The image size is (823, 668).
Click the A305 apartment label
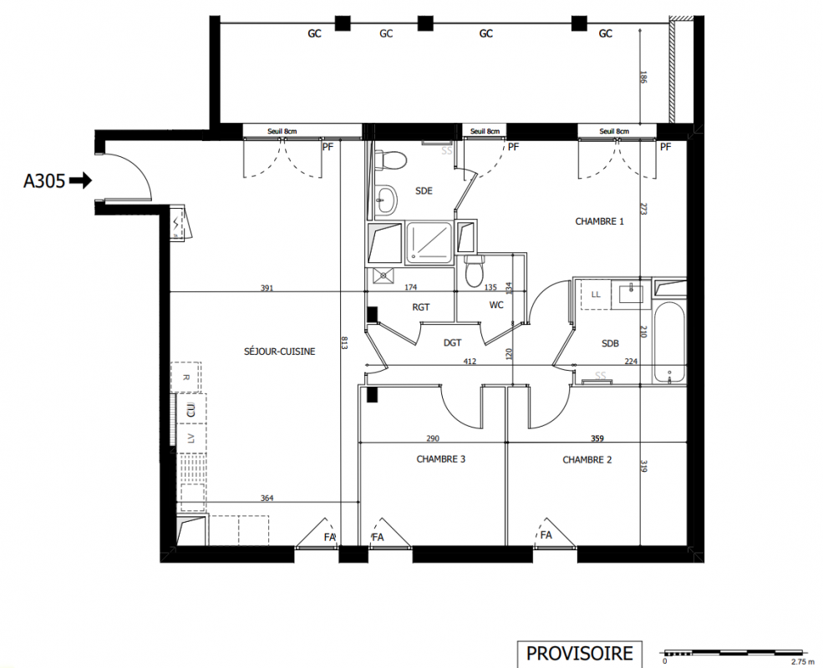coord(44,181)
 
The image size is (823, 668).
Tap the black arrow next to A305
coord(81,181)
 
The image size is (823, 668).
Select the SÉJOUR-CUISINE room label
coord(280,352)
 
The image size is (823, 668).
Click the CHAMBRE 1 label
coord(599,221)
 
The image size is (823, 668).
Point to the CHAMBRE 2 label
coord(587,460)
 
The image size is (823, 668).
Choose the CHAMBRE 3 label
coord(441,459)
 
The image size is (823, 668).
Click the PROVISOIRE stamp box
coord(580,654)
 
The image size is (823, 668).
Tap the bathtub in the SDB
coord(669,343)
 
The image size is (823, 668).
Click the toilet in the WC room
coord(474,271)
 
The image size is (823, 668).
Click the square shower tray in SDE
coord(429,241)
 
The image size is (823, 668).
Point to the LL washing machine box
coord(596,295)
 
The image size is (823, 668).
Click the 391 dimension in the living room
coord(267,288)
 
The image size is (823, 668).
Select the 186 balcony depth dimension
coord(644,78)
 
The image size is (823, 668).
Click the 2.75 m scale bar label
coord(801,661)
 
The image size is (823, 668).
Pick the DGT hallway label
coord(452,343)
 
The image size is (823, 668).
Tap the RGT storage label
coord(421,307)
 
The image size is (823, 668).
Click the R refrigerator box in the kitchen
coord(185,377)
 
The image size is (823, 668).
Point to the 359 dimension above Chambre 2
coord(597,438)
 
